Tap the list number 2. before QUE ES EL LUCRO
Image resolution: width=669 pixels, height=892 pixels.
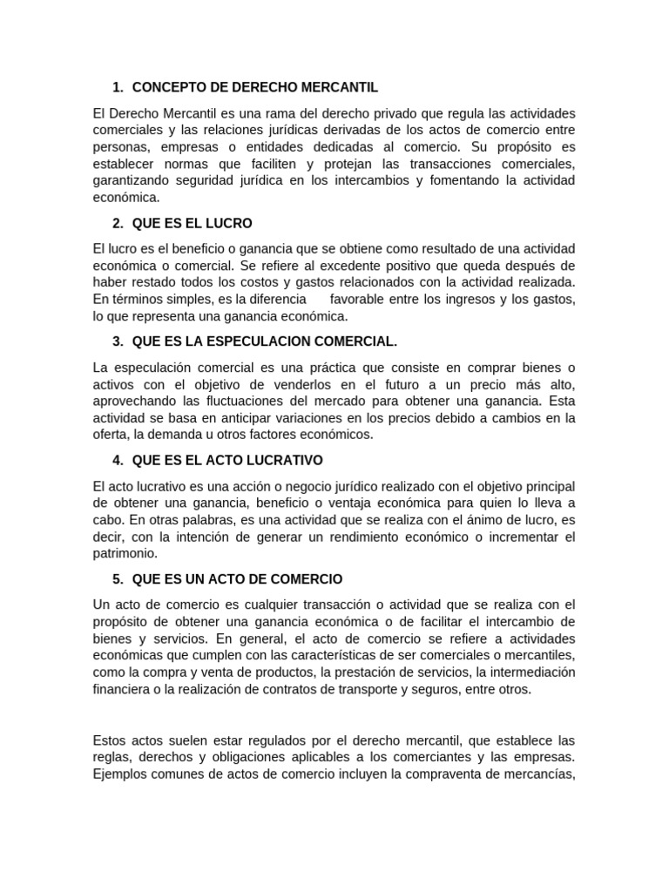(118, 223)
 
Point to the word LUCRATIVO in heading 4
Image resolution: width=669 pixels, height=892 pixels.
(280, 459)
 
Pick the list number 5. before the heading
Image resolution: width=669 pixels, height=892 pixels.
(118, 578)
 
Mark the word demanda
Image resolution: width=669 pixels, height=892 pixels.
(179, 434)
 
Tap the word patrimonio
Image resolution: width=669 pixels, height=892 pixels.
(125, 553)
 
